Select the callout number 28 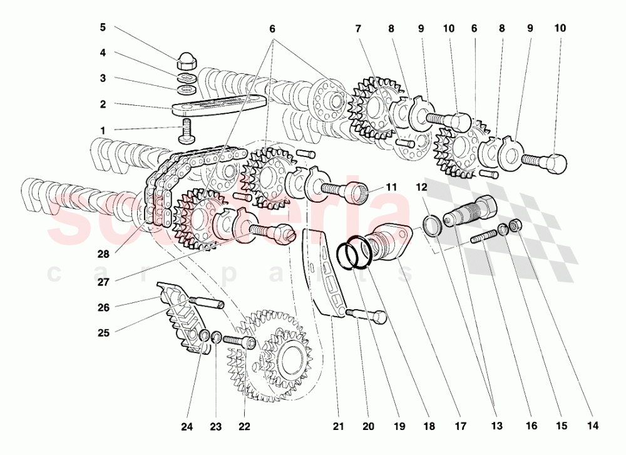point(103,254)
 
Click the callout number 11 point(391,187)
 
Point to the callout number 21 point(338,426)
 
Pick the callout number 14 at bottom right point(593,426)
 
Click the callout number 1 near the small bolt point(103,130)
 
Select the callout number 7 point(358,29)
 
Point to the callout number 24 point(186,426)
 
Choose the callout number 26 point(103,307)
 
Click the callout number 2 point(103,105)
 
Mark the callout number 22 point(244,426)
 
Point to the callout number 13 point(496,426)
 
